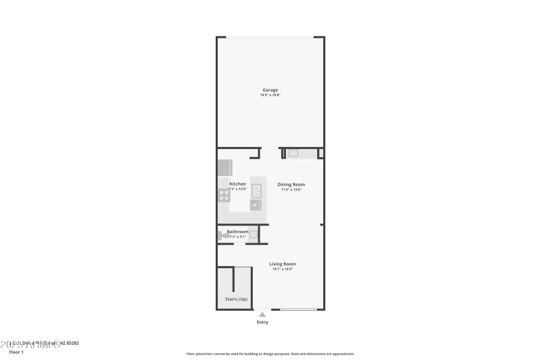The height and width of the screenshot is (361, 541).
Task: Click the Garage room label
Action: [270, 90]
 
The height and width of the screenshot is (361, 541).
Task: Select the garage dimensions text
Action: [270, 95]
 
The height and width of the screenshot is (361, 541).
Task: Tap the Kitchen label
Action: [237, 184]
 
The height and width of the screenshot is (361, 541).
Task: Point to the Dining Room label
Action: [291, 184]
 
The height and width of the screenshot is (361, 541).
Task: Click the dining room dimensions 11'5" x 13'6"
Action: [291, 190]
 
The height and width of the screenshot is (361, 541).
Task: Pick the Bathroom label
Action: [237, 232]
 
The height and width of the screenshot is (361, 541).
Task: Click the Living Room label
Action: [283, 263]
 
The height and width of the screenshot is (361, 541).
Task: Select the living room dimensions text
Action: [283, 269]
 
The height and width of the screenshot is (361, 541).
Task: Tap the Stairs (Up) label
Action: [236, 299]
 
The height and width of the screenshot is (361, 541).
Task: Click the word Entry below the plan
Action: [262, 322]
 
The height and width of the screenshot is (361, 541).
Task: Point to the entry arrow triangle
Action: [262, 314]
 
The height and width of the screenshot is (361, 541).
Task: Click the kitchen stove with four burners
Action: [224, 195]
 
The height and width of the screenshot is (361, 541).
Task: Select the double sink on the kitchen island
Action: [256, 190]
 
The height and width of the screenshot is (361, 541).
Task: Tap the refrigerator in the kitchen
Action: [225, 167]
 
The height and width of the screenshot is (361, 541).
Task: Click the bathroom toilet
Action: [222, 236]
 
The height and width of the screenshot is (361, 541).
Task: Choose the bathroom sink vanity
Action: [254, 234]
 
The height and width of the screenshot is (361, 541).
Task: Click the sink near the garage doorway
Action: [293, 153]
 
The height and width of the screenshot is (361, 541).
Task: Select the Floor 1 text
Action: [16, 352]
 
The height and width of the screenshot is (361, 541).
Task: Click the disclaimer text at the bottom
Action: [270, 354]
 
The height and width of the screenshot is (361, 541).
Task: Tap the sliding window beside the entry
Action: [298, 310]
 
